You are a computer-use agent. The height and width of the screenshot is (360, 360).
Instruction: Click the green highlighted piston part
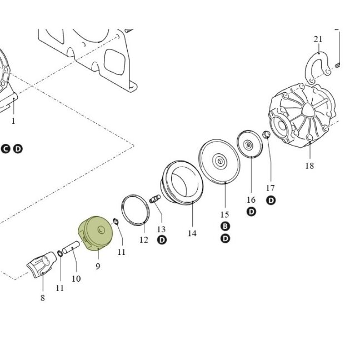click(x=96, y=233)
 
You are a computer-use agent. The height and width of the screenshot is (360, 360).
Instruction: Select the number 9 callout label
click(x=98, y=266)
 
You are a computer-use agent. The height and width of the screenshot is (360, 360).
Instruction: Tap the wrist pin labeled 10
click(x=71, y=247)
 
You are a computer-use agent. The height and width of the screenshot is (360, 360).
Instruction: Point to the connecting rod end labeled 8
click(x=42, y=264)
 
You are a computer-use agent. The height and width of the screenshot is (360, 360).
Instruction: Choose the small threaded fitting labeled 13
click(x=155, y=198)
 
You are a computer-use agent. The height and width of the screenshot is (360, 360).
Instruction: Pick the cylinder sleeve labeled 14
click(x=181, y=183)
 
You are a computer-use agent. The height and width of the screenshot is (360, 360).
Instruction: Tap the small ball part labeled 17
click(x=266, y=134)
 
